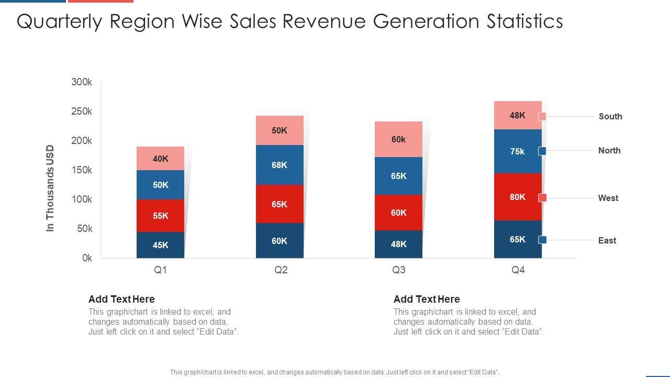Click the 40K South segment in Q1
[x=160, y=159]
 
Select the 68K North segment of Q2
[x=280, y=165]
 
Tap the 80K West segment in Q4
[x=518, y=197]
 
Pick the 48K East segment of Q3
[x=398, y=244]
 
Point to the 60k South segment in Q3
[x=398, y=139]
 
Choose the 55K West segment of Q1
[x=160, y=216]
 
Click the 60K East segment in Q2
[x=280, y=241]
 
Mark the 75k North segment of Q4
[x=518, y=151]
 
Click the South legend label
[x=610, y=116]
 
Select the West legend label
[x=608, y=198]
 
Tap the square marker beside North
[x=542, y=151]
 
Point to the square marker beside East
[x=542, y=240]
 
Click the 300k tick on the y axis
[x=82, y=82]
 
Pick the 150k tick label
[x=82, y=170]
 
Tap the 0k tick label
[x=87, y=258]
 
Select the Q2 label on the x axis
[x=281, y=270]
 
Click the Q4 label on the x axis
[x=518, y=270]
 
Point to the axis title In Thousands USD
[x=50, y=188]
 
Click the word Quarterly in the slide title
[x=59, y=21]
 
